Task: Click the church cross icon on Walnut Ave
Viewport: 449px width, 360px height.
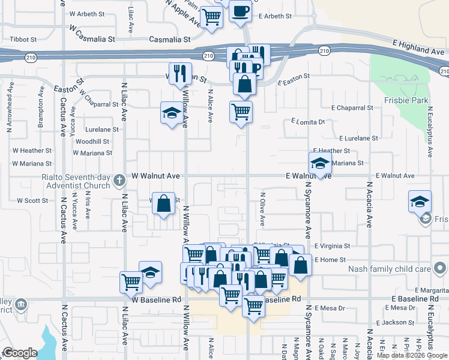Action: tap(119, 179)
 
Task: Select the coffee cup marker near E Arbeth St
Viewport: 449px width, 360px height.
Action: tap(240, 11)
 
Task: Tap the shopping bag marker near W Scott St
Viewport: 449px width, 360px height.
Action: tap(163, 204)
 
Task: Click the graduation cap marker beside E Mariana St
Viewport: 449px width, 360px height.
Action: tap(320, 163)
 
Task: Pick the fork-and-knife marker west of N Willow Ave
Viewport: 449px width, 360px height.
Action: tap(180, 74)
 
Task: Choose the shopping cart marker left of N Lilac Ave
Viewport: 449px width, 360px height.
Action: tap(131, 281)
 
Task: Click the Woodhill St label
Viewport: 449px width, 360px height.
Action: tap(92, 142)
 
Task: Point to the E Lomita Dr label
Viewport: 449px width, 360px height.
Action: tap(308, 122)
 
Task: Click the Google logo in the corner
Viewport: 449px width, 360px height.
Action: tap(20, 353)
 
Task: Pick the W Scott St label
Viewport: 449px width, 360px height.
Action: tap(32, 200)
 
